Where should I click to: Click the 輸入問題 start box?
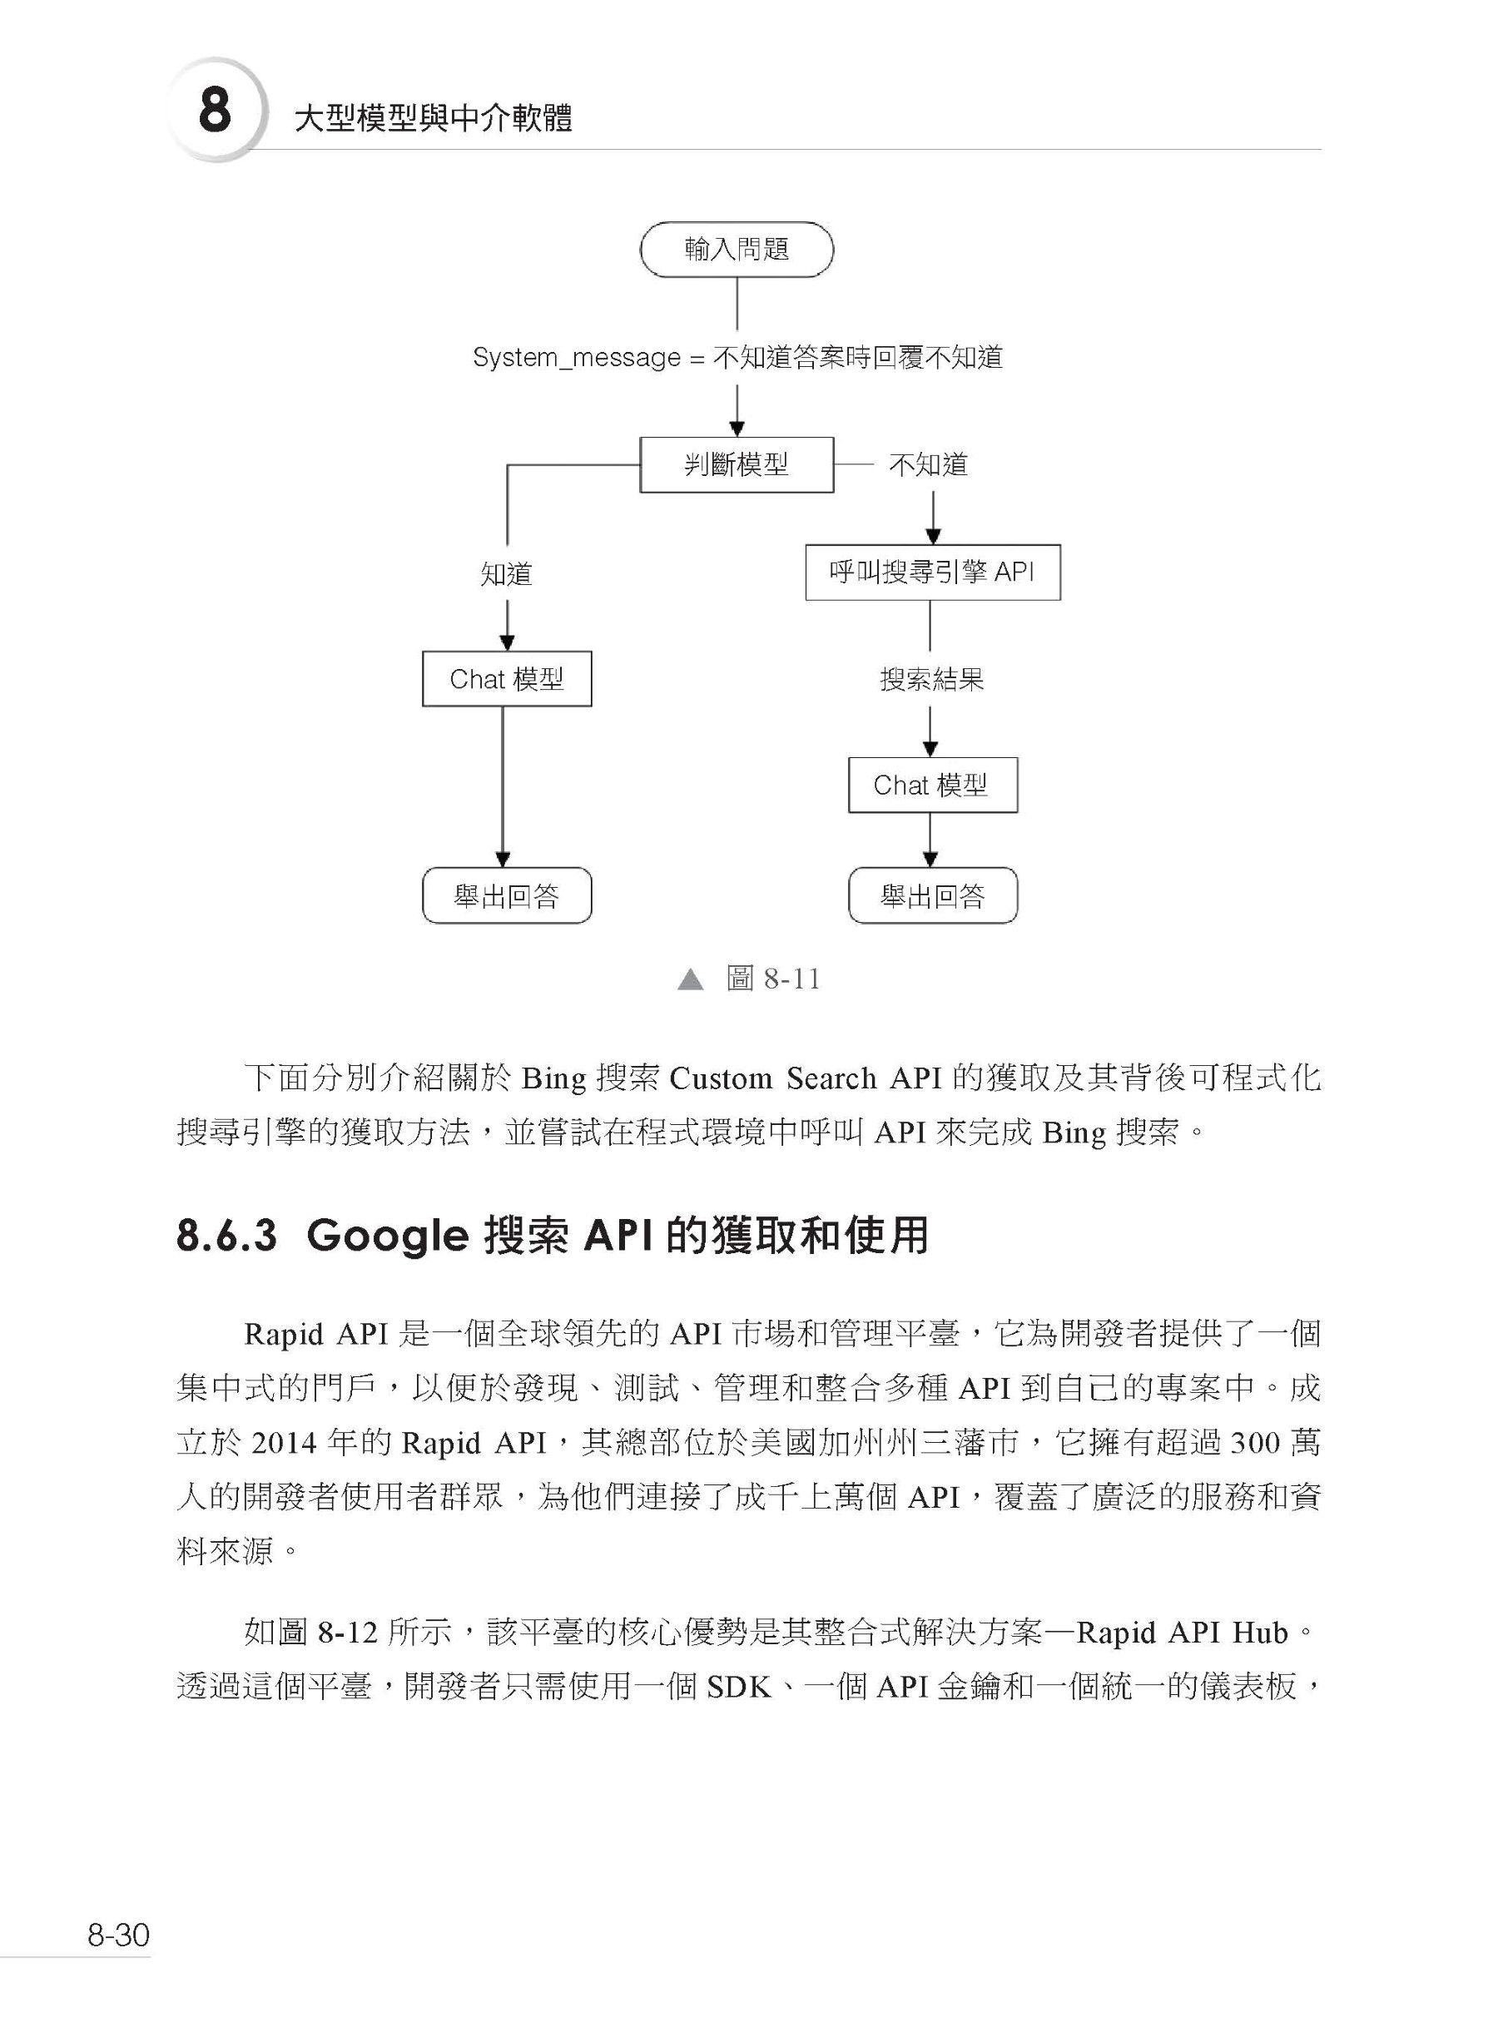click(737, 250)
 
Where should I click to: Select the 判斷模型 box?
click(737, 465)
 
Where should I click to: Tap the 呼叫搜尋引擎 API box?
click(932, 572)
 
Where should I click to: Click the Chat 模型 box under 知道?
click(507, 679)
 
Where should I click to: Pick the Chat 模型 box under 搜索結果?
click(932, 785)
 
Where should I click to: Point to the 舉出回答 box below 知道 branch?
click(507, 895)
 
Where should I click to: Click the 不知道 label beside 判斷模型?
click(929, 465)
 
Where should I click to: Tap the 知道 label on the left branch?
click(506, 573)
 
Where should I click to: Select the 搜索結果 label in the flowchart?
click(932, 679)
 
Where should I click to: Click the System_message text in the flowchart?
click(577, 357)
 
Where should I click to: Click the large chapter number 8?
click(215, 111)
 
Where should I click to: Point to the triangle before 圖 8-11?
click(691, 979)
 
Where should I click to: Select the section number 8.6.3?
click(226, 1236)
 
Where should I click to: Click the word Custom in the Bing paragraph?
click(721, 1078)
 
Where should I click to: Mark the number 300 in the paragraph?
click(1254, 1442)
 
